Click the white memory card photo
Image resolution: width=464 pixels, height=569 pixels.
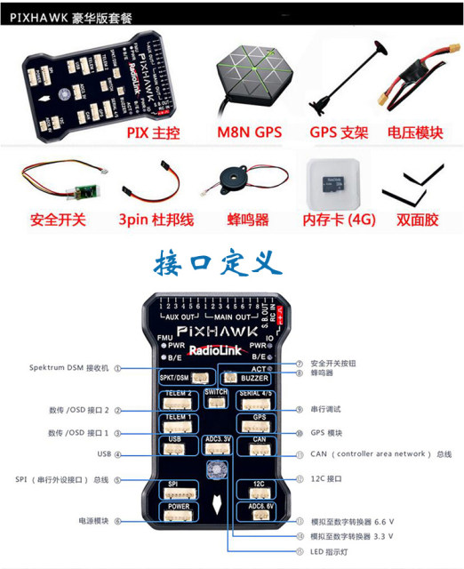(333, 181)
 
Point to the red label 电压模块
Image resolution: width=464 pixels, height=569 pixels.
(415, 133)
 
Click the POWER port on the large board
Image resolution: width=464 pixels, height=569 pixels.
(176, 512)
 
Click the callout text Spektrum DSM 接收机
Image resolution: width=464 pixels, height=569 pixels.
(68, 367)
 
